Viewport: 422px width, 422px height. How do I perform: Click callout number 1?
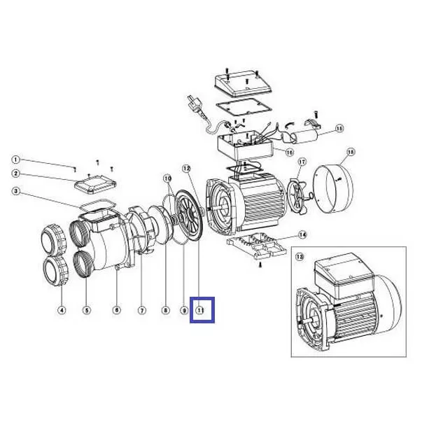coord(15,160)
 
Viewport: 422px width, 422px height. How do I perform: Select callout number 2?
coord(15,174)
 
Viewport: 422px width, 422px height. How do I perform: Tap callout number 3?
coord(16,191)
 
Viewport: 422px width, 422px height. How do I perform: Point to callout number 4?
coord(62,310)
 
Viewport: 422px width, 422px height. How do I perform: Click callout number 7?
coord(142,310)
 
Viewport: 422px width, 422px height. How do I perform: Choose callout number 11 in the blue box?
coord(201,310)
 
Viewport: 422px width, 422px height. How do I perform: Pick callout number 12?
coord(187,169)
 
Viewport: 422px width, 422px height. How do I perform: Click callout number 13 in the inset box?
coord(300,257)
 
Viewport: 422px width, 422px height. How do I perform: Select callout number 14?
coord(303,235)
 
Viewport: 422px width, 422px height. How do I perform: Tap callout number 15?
coord(339,128)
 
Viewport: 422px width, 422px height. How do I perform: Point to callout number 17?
coord(302,162)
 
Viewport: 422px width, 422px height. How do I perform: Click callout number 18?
coord(351,152)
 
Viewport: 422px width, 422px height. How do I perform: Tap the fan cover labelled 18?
coord(334,188)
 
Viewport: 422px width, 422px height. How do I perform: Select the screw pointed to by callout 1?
coord(75,169)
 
